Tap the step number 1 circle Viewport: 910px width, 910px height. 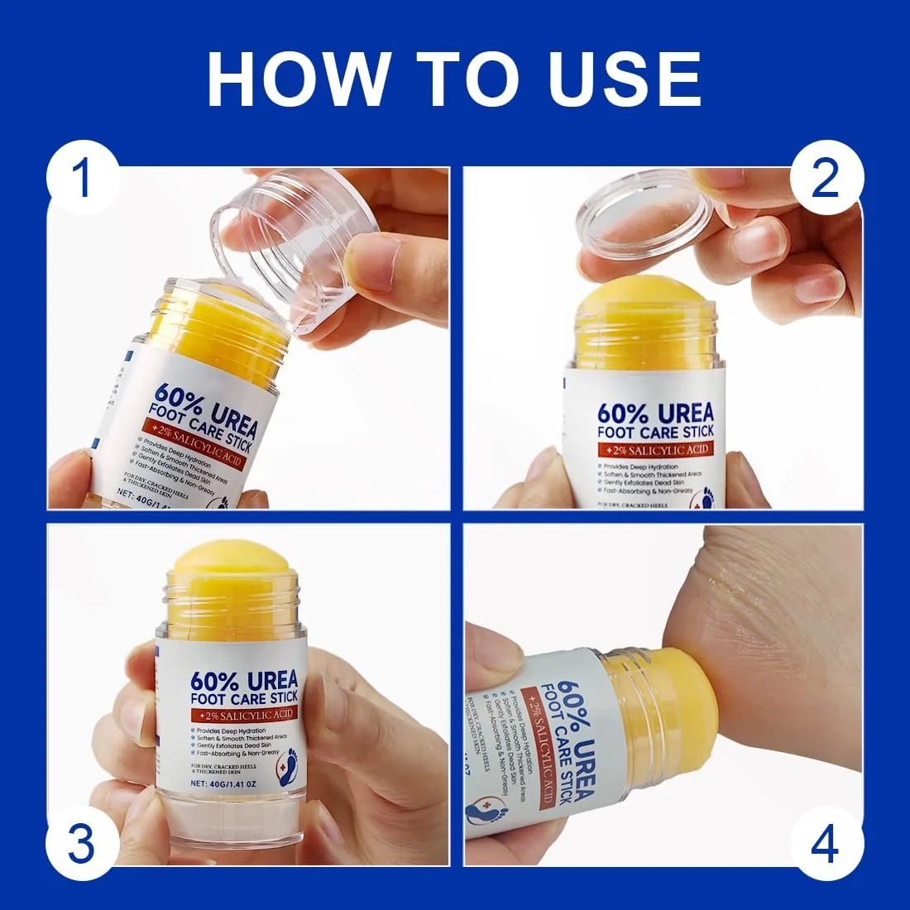tap(82, 180)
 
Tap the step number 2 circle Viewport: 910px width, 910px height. tap(826, 180)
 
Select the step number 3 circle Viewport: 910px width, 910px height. tap(82, 845)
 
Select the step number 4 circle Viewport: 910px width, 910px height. tap(826, 845)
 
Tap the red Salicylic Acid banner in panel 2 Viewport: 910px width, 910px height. tap(654, 449)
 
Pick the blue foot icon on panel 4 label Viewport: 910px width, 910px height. tap(488, 813)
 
